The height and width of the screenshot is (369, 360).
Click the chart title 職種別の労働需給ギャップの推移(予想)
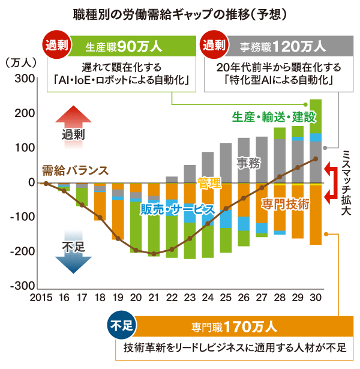point(180,15)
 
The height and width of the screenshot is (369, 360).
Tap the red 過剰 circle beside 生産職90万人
point(57,45)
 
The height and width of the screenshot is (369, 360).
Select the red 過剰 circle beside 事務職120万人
point(214,45)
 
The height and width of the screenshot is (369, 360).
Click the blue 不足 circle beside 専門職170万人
point(122,325)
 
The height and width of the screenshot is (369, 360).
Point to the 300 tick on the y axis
point(25,79)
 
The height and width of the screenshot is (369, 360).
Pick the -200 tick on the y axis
point(23,251)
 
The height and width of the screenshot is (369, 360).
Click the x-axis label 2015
point(41,298)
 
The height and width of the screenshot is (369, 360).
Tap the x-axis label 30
point(316,298)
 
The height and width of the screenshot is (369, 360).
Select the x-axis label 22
point(172,298)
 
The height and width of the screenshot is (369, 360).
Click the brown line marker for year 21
point(154,254)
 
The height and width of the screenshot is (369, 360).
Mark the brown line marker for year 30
point(316,159)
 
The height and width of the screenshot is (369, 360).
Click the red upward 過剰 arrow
point(73,127)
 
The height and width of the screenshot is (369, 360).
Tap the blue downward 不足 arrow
point(73,252)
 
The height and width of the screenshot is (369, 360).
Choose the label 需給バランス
point(75,171)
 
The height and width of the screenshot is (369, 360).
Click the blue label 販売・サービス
point(178,209)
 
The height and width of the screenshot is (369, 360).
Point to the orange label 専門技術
point(286,204)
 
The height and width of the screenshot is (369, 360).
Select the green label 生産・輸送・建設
point(274,117)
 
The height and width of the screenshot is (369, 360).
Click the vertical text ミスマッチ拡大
point(346,182)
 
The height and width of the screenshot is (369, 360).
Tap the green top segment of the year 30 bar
point(316,116)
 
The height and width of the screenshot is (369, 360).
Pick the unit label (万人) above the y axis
point(21,63)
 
